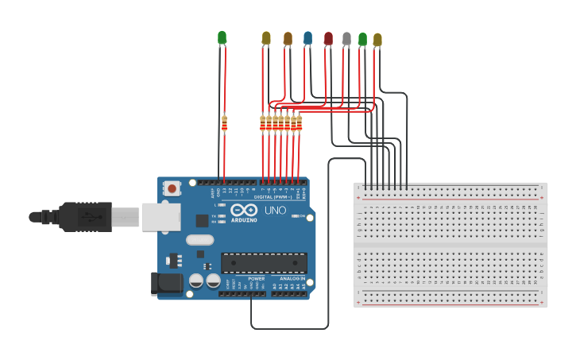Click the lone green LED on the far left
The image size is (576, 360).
click(222, 37)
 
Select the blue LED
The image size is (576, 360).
click(307, 37)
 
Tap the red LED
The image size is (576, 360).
click(328, 38)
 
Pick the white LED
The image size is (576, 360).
click(346, 38)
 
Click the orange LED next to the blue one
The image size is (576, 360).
click(288, 38)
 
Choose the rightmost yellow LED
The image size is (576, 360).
click(377, 39)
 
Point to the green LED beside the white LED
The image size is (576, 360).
click(362, 38)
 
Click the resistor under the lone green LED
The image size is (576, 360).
click(225, 122)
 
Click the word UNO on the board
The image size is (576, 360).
click(275, 211)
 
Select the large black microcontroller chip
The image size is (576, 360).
click(264, 262)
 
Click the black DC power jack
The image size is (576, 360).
click(161, 284)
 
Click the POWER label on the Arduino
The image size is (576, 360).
click(257, 279)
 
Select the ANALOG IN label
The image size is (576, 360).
click(291, 279)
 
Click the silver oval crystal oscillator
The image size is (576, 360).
click(200, 239)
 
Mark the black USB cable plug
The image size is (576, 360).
click(84, 216)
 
